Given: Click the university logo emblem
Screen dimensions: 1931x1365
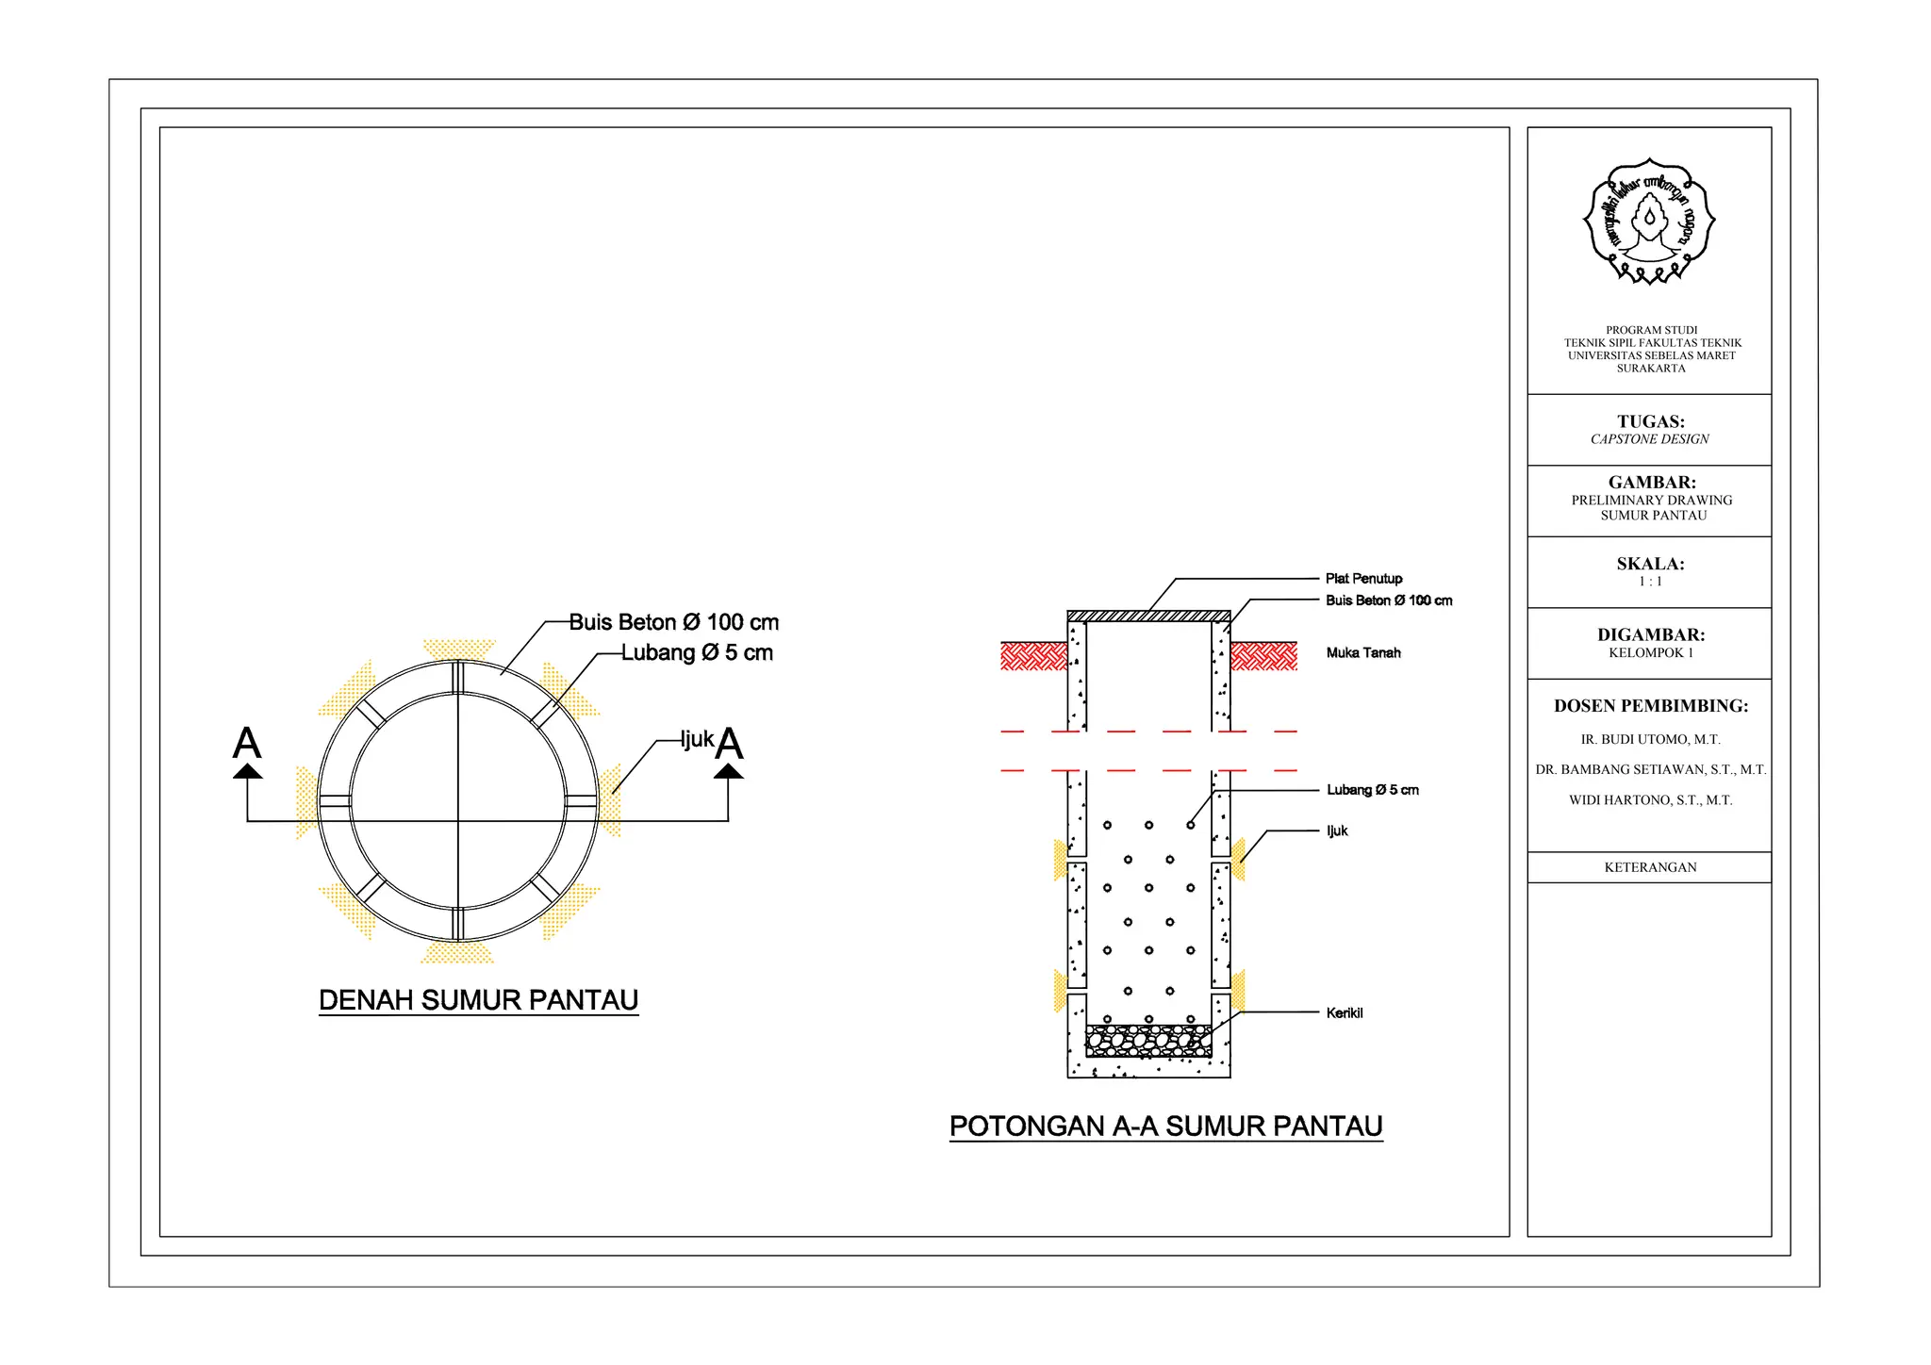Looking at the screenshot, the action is pos(1648,222).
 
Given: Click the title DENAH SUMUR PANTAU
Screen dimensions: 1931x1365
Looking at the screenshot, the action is pos(479,1000).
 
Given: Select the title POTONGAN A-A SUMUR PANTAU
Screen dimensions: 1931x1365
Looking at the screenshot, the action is pos(1166,1127).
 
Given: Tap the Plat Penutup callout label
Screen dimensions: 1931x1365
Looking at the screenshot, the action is pos(1363,579).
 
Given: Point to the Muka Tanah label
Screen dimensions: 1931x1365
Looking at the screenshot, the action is pos(1363,652).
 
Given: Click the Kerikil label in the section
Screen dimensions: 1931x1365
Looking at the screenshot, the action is pos(1345,1012).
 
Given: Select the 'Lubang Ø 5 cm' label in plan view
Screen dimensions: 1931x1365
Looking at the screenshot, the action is pos(697,652).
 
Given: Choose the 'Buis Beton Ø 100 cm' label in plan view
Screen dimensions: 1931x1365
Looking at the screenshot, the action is pos(674,622).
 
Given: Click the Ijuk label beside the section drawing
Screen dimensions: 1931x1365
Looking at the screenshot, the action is pos(1337,831).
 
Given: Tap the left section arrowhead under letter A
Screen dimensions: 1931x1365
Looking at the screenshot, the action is pos(248,771).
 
